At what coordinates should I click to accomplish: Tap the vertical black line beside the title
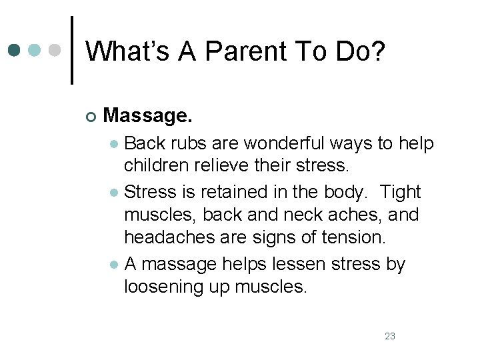72,50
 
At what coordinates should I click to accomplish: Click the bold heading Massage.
148,116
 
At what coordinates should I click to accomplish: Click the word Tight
400,192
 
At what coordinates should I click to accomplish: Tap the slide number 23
390,336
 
